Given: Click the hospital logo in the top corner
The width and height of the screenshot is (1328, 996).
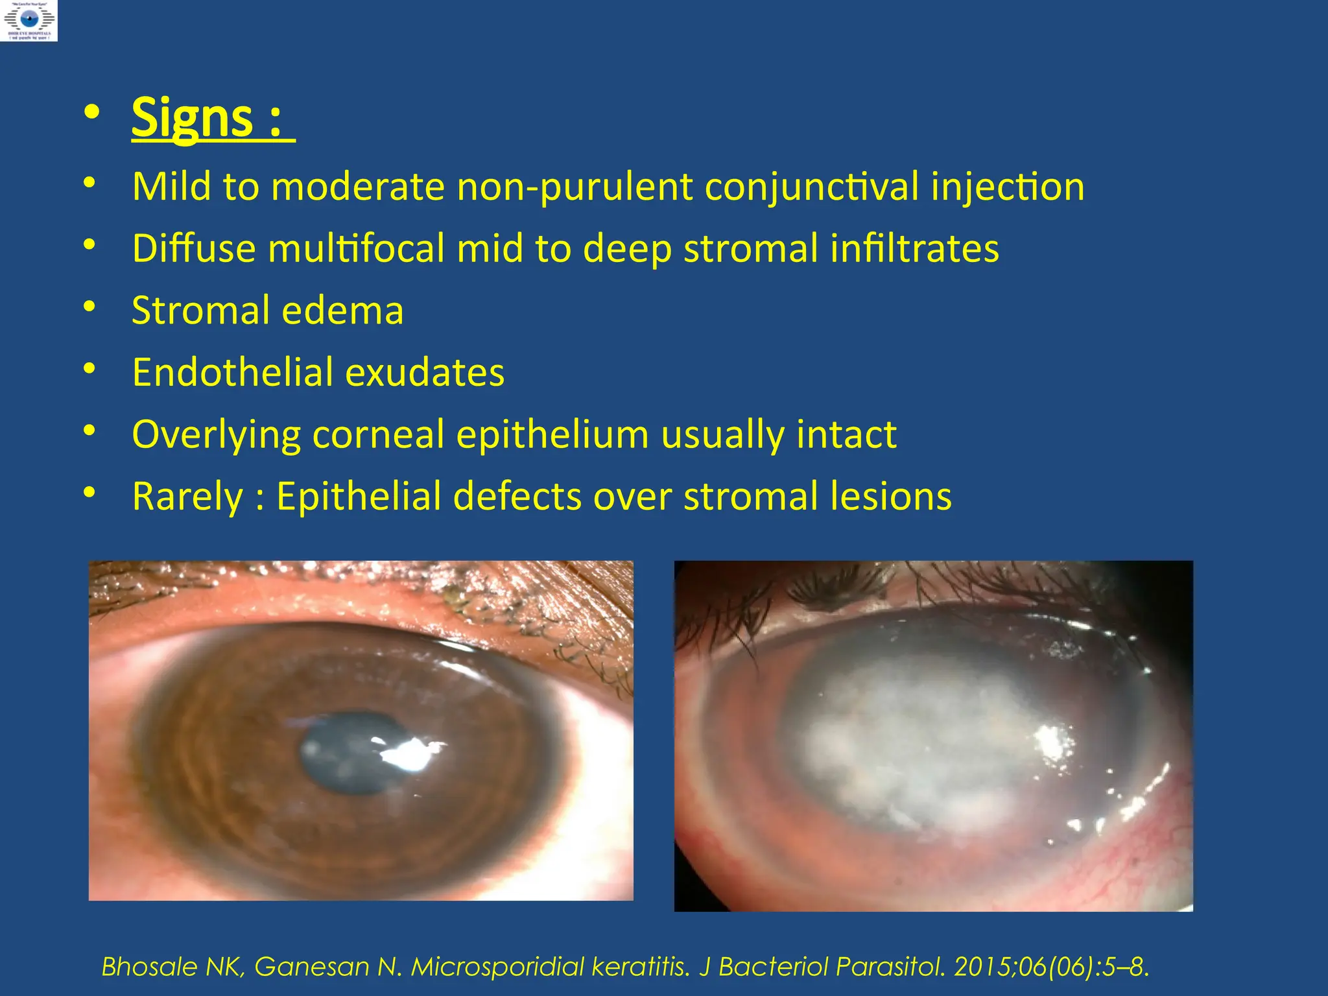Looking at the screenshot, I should coord(29,21).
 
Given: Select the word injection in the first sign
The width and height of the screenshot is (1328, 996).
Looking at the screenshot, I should coord(1008,187).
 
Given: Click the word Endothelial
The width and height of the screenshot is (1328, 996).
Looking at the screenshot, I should coord(232,372).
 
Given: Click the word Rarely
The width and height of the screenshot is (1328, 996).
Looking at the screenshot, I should coord(187,497).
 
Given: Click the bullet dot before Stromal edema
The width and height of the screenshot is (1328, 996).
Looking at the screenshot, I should coord(89,306).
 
